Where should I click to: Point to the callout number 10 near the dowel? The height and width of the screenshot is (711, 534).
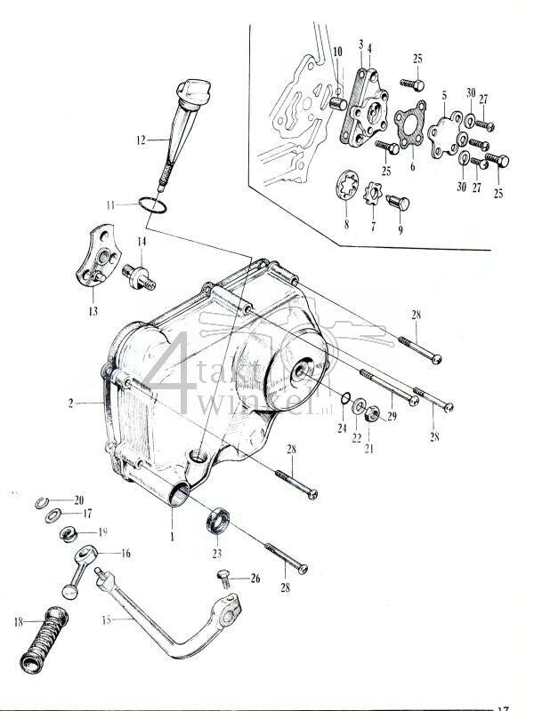tap(337, 52)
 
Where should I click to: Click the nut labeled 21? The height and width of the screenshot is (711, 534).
tap(375, 411)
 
